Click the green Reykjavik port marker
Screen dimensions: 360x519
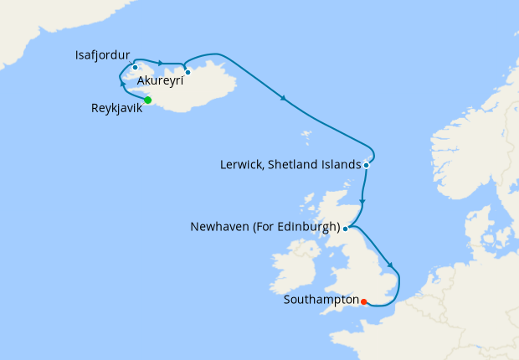(147, 100)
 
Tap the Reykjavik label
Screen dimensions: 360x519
(116, 108)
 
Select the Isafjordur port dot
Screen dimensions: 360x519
(135, 67)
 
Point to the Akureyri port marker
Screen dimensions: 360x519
(188, 72)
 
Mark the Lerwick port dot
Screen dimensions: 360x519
(367, 166)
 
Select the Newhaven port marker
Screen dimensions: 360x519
(346, 228)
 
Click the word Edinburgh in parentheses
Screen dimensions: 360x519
(310, 227)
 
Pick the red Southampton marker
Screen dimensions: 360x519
(363, 301)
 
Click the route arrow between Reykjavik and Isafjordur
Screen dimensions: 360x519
(124, 85)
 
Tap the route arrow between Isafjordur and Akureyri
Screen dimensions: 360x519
(159, 62)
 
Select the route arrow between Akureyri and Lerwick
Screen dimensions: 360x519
(285, 99)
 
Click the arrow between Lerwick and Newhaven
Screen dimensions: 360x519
(362, 202)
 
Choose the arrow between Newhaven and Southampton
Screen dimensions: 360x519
(390, 264)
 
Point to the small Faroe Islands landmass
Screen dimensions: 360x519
(306, 135)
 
